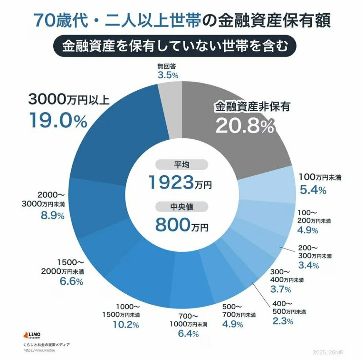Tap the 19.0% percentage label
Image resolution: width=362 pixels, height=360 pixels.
coord(58,120)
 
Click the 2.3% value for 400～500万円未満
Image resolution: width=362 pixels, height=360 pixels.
coord(283,320)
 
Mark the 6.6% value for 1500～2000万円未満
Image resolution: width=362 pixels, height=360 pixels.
coord(70,281)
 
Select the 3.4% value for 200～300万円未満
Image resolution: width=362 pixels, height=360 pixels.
coord(308,265)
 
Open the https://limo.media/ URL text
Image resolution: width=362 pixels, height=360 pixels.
coord(40,350)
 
